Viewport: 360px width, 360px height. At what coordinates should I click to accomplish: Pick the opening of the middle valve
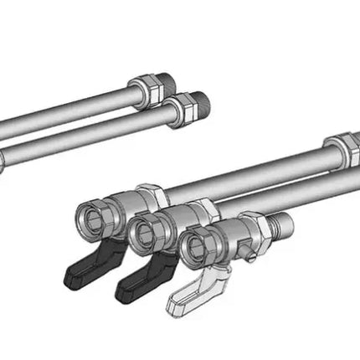click(x=148, y=229)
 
